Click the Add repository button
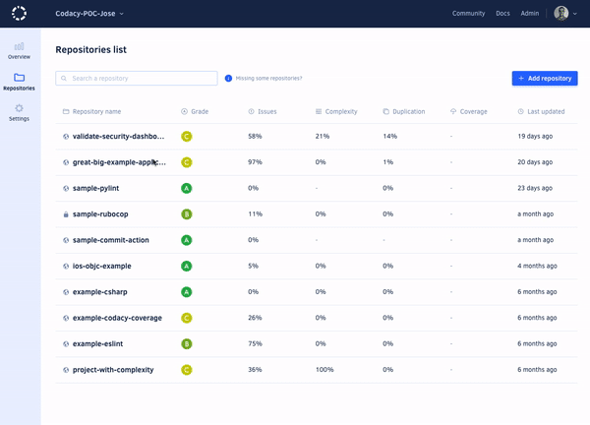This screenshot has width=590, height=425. pyautogui.click(x=544, y=78)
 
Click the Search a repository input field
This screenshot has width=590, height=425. pyautogui.click(x=137, y=78)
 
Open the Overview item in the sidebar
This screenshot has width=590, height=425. pyautogui.click(x=20, y=51)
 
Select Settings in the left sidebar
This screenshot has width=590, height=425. pyautogui.click(x=20, y=112)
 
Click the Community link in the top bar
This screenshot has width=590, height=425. pyautogui.click(x=468, y=14)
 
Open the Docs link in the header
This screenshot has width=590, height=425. pyautogui.click(x=502, y=14)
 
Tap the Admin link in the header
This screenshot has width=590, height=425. pyautogui.click(x=529, y=14)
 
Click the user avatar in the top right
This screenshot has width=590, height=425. pyautogui.click(x=560, y=14)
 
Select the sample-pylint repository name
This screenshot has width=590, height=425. pyautogui.click(x=102, y=188)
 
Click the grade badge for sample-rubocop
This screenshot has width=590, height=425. pyautogui.click(x=187, y=213)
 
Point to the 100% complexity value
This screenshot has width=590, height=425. pyautogui.click(x=325, y=370)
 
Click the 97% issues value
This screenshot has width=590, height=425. pyautogui.click(x=255, y=161)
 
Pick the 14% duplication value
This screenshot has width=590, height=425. pyautogui.click(x=389, y=136)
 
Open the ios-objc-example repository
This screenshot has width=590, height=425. pyautogui.click(x=101, y=266)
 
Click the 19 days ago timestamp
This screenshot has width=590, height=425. pyautogui.click(x=535, y=136)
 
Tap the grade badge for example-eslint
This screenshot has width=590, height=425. pyautogui.click(x=187, y=343)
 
